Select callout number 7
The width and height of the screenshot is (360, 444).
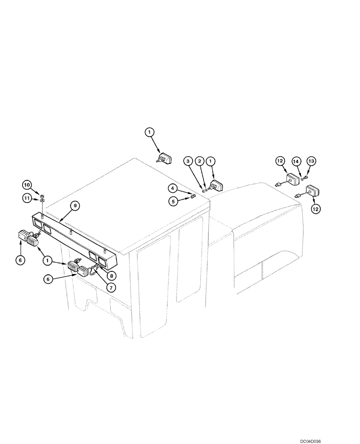point(110,287)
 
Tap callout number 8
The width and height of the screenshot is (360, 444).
point(113,275)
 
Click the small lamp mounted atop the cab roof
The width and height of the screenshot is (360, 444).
point(166,158)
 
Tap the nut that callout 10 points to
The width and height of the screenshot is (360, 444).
point(41,196)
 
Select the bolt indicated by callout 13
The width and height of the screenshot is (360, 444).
point(306,178)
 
